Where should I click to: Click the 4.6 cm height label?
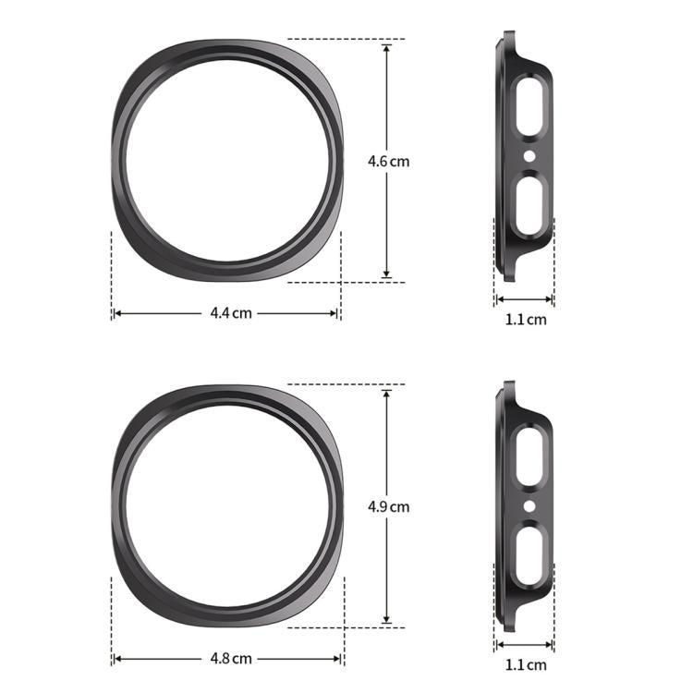[388, 161]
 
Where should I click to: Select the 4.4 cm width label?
[230, 313]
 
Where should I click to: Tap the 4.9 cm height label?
[388, 506]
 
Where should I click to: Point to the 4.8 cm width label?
[230, 659]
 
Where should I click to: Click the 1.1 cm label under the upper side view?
[527, 320]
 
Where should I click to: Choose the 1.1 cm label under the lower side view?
[527, 664]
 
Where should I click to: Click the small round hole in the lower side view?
[529, 505]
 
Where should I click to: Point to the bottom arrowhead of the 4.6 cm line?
[387, 274]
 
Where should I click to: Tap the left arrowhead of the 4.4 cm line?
[117, 313]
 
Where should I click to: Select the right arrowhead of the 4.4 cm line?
[335, 313]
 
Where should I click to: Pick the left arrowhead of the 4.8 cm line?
[117, 659]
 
